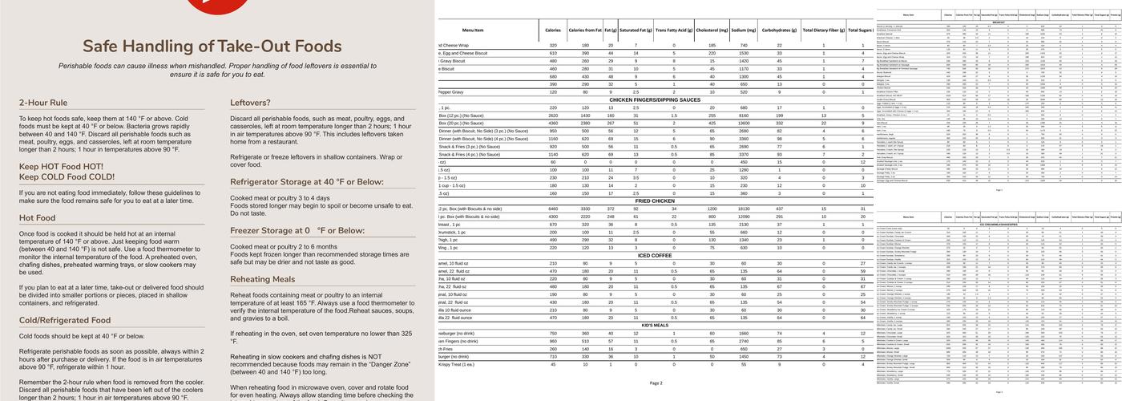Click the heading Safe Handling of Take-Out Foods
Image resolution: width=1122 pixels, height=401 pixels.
pyautogui.click(x=212, y=46)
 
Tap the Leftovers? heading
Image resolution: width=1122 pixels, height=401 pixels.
pyautogui.click(x=250, y=103)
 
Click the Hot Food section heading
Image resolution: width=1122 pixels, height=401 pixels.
pyautogui.click(x=38, y=217)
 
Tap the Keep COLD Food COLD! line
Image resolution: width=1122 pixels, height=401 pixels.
pyautogui.click(x=67, y=176)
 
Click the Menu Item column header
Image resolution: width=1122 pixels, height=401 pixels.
pyautogui.click(x=490, y=30)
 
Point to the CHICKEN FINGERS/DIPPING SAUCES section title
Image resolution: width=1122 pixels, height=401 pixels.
pyautogui.click(x=656, y=99)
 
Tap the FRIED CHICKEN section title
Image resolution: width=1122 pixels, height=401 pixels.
pyautogui.click(x=656, y=200)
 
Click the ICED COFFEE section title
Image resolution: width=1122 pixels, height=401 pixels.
pyautogui.click(x=656, y=255)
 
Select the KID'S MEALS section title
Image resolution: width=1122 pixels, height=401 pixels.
pyautogui.click(x=656, y=326)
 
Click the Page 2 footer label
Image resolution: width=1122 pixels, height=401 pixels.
pyautogui.click(x=656, y=383)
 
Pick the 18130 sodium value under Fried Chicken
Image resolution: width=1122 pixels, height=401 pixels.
pyautogui.click(x=744, y=209)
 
